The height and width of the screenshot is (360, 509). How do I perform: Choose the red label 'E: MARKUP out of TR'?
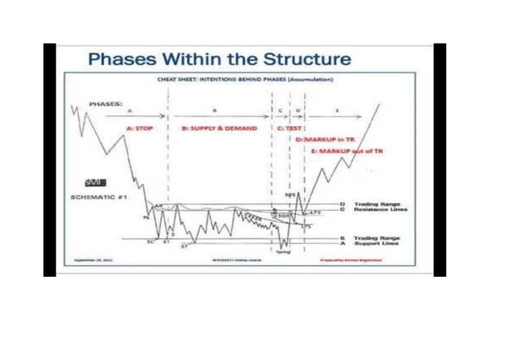tap(342, 151)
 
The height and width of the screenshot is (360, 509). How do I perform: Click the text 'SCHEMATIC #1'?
tap(96, 196)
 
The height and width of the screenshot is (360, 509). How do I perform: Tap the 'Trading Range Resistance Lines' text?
tap(377, 208)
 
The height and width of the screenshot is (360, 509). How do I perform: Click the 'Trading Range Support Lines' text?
tap(377, 239)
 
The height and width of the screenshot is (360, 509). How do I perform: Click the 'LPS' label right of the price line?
tap(314, 212)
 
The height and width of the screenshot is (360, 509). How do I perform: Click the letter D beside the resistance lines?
tap(341, 204)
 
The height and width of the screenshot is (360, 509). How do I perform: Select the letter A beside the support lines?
tap(341, 243)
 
